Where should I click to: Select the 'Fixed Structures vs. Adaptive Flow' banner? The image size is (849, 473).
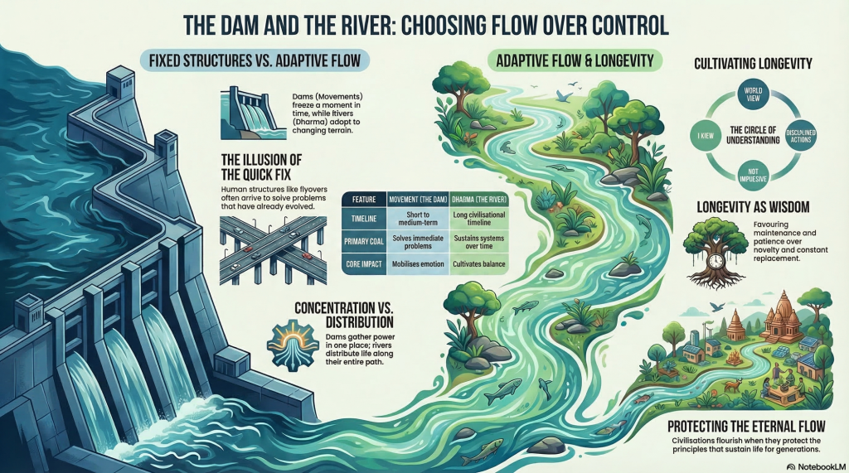[260, 60]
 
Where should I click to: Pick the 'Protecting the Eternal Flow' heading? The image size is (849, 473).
[758, 427]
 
